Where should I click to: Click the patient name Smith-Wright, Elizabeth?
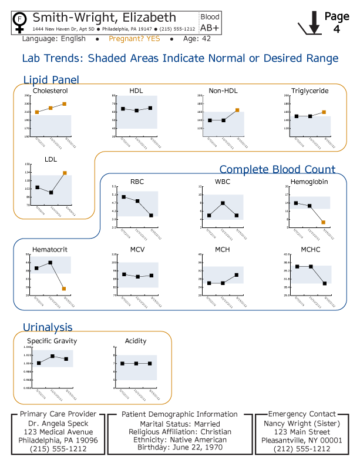(104, 18)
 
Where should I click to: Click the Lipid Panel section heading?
(51, 80)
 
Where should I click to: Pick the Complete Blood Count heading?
(277, 169)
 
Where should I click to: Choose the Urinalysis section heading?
(48, 327)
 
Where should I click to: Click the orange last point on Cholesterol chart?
(64, 104)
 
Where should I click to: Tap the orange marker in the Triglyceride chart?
(324, 112)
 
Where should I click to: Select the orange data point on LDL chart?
(65, 173)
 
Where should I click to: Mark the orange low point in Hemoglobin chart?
(323, 222)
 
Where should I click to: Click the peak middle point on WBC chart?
(223, 203)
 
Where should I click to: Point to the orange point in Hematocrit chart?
(63, 289)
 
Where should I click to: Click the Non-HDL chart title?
(223, 91)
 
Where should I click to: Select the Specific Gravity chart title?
(52, 341)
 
